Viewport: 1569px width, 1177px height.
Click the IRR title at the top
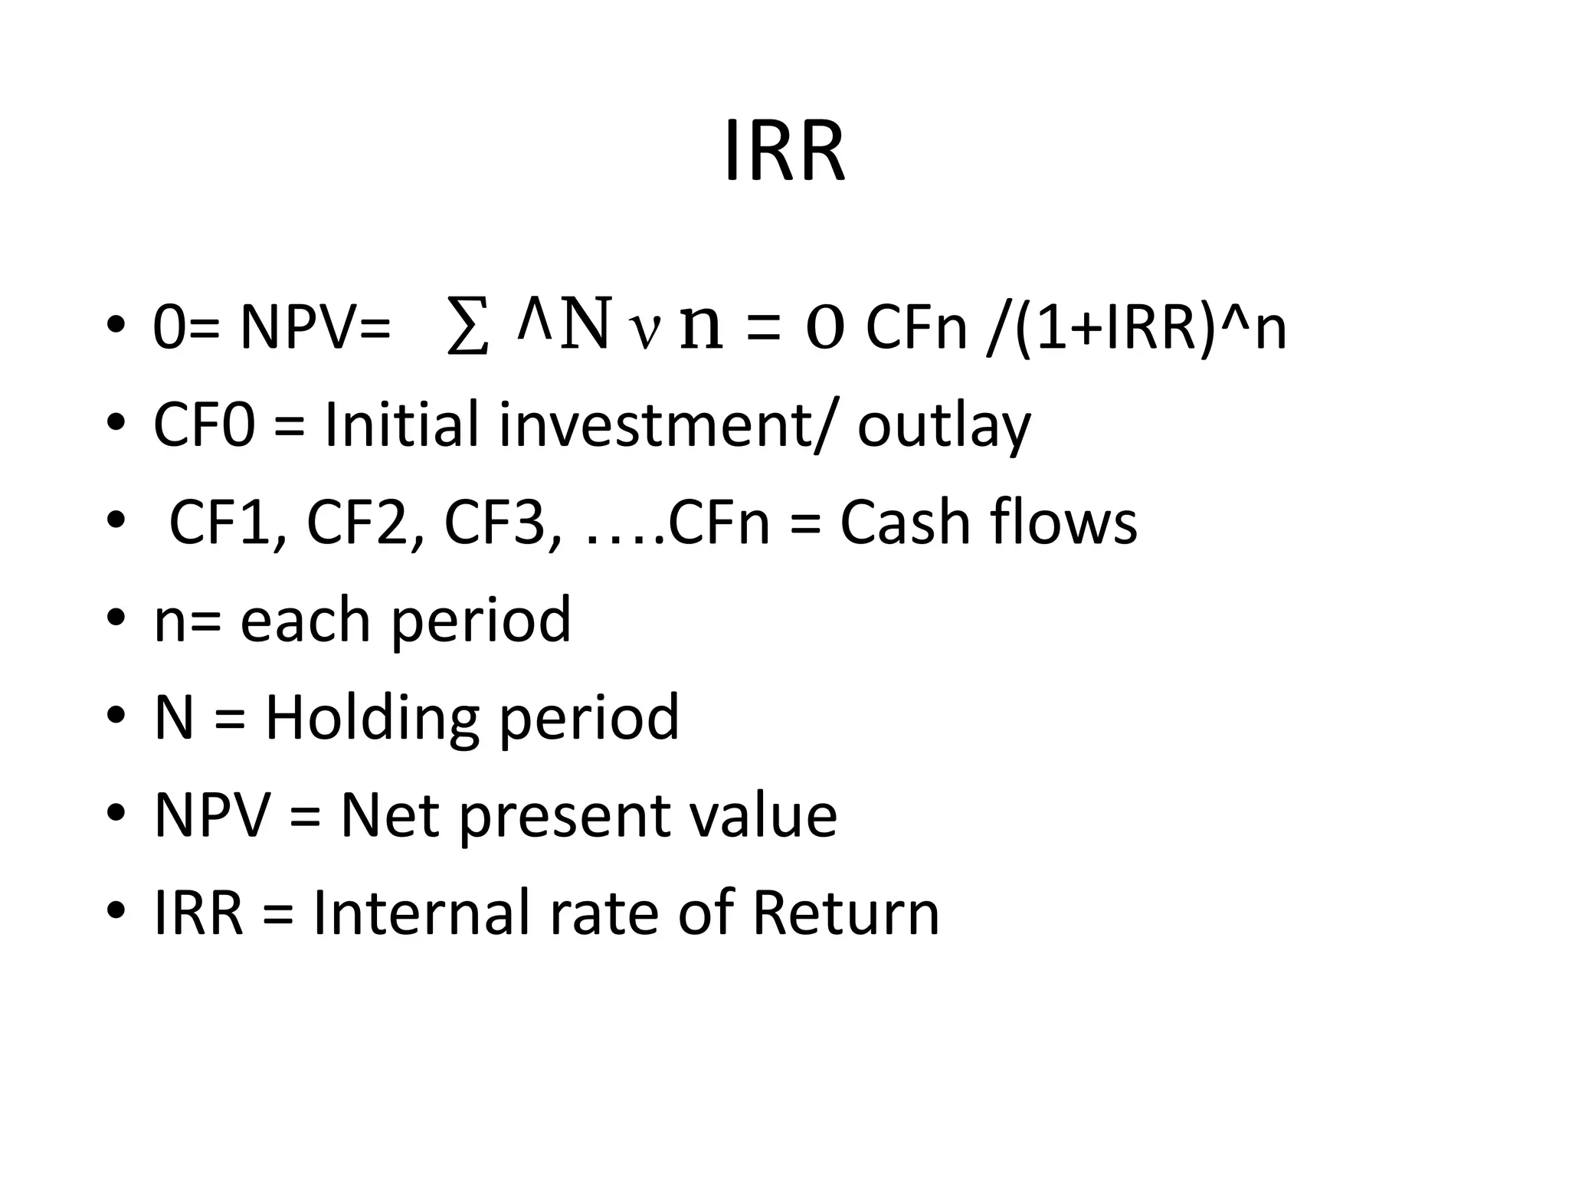point(784,152)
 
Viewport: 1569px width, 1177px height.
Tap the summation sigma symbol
point(467,328)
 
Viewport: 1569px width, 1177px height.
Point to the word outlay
point(944,426)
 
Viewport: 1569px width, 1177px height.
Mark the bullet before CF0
point(116,425)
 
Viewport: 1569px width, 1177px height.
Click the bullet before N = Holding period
point(116,717)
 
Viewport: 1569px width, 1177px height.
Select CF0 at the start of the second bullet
point(204,425)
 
